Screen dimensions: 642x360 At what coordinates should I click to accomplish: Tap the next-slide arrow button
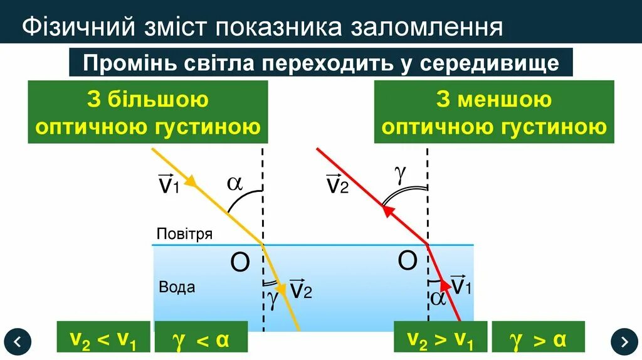[624, 341]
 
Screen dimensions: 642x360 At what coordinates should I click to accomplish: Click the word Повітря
[184, 235]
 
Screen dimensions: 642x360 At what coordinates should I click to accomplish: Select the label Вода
[177, 287]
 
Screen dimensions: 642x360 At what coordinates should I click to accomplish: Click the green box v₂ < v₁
[103, 339]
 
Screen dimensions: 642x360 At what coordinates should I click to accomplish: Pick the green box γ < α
[201, 339]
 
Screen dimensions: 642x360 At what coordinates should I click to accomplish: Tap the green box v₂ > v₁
[441, 339]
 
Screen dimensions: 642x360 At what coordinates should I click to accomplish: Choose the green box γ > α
[538, 339]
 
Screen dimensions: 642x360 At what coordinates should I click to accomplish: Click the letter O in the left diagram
[239, 264]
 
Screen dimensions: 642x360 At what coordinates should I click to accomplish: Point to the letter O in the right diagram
[408, 260]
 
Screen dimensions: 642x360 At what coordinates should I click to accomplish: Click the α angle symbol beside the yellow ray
[234, 183]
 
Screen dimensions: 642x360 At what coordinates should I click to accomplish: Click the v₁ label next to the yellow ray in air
[169, 184]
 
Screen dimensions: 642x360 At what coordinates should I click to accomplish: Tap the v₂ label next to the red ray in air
[337, 184]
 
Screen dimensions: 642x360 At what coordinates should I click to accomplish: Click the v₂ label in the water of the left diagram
[301, 289]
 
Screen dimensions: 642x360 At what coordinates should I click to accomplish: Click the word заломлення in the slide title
[425, 28]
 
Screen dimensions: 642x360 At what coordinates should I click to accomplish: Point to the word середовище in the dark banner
[490, 63]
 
